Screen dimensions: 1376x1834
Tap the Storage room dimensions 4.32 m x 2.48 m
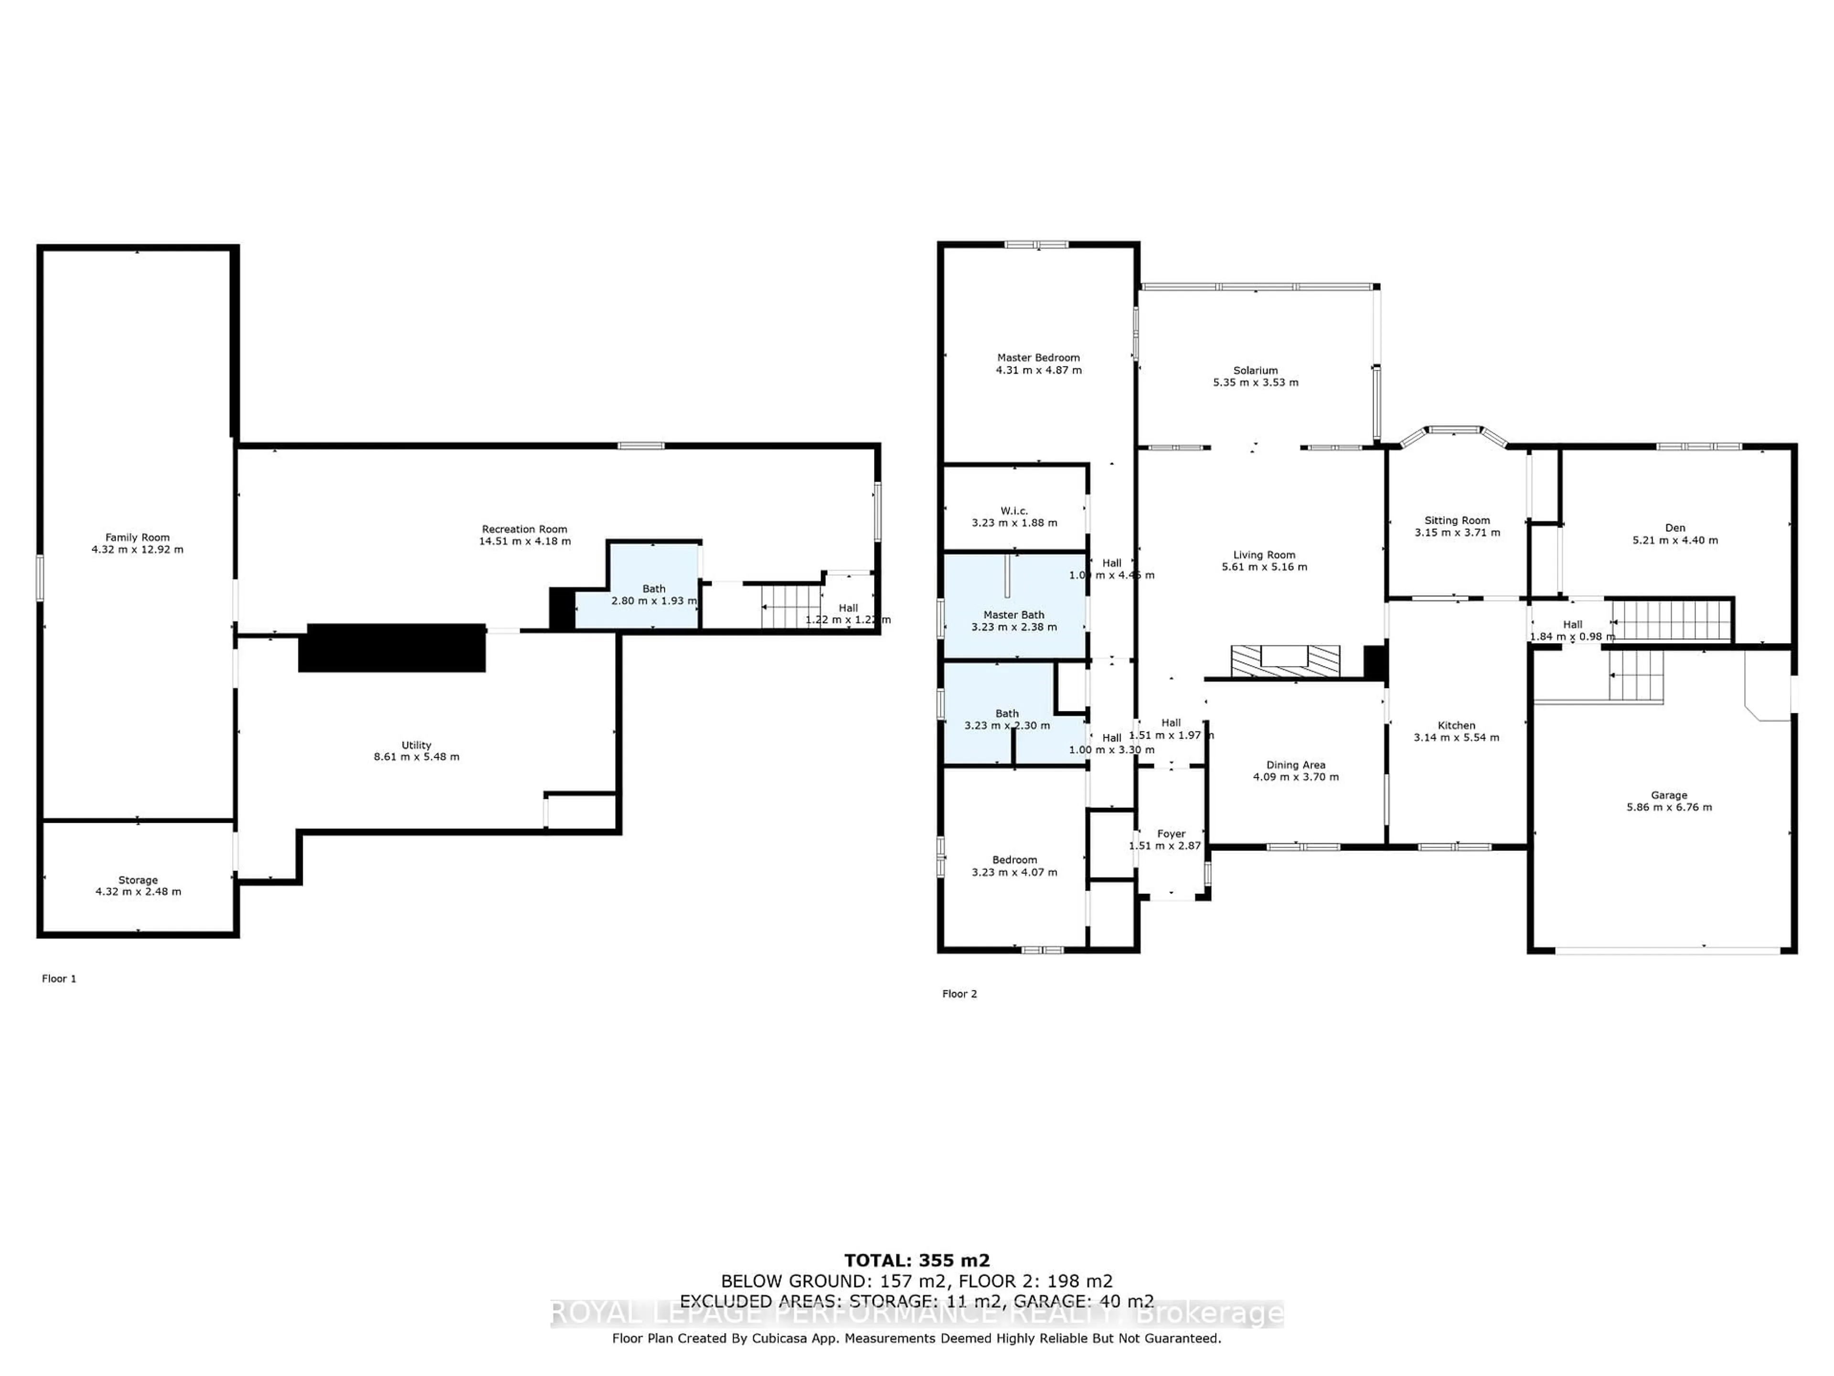coord(139,892)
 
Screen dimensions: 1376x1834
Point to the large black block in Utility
coord(391,648)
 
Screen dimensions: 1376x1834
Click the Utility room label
coord(416,745)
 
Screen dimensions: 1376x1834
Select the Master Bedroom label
coord(1038,357)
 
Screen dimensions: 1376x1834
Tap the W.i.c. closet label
coord(1014,511)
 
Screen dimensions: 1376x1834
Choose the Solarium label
coord(1255,371)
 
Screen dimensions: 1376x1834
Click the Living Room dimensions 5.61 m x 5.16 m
coord(1264,567)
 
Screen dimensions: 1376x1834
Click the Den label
coord(1675,527)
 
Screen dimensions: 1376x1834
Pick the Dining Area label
coord(1295,765)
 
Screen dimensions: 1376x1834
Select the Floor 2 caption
coord(960,994)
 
